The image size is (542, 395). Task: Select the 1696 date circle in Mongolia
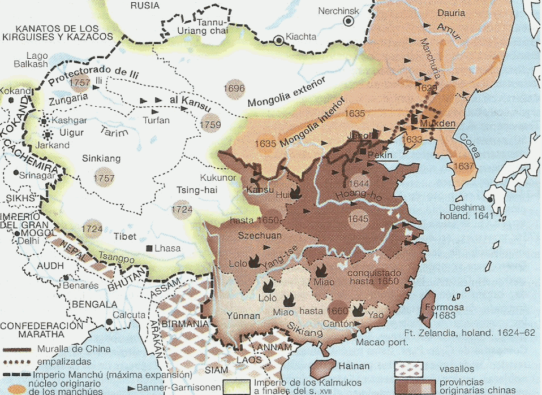click(x=234, y=88)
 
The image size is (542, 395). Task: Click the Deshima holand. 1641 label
click(x=471, y=211)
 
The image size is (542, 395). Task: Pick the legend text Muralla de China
click(x=74, y=349)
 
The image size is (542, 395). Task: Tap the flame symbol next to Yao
click(x=358, y=310)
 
